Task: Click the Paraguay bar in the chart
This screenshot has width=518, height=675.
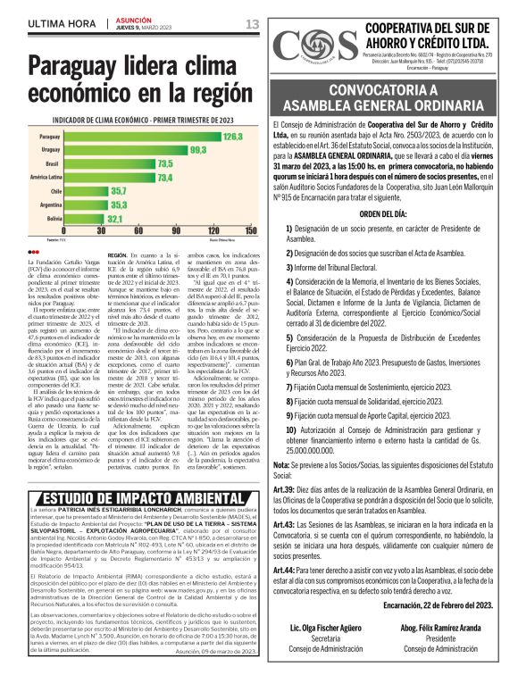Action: [143, 137]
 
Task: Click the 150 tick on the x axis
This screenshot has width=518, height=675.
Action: [249, 230]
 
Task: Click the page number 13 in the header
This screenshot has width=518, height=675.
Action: [253, 23]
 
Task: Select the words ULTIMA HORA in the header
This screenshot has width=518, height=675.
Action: [63, 23]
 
